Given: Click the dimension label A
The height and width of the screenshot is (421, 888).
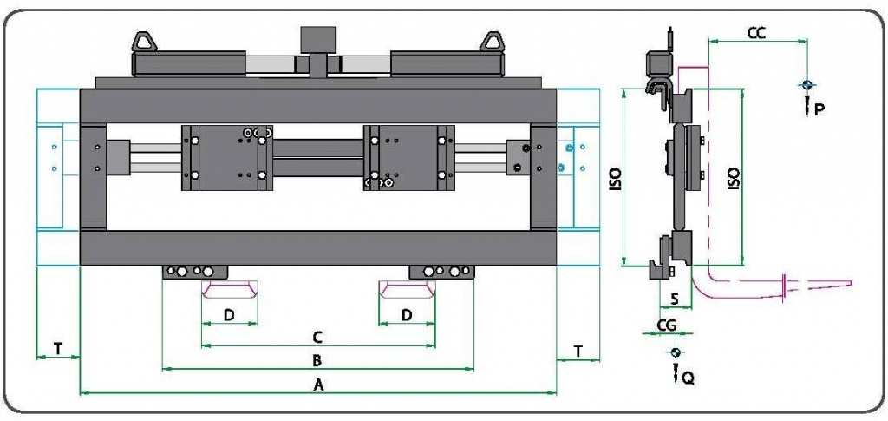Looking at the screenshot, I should (x=318, y=384).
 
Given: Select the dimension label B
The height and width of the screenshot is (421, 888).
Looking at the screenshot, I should (x=317, y=359).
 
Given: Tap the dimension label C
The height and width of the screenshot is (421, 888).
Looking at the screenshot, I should (x=317, y=335).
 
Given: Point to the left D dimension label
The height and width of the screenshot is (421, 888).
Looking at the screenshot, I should (x=229, y=314).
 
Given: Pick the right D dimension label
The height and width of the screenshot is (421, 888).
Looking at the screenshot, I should (x=407, y=314).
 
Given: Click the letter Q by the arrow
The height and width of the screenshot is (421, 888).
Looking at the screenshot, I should (x=688, y=378).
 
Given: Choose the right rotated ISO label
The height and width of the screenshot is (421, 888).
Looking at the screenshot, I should (x=733, y=180).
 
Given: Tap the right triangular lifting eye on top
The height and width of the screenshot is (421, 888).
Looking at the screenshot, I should (x=493, y=40).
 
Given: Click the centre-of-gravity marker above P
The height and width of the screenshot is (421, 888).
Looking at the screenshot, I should (x=806, y=84).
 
